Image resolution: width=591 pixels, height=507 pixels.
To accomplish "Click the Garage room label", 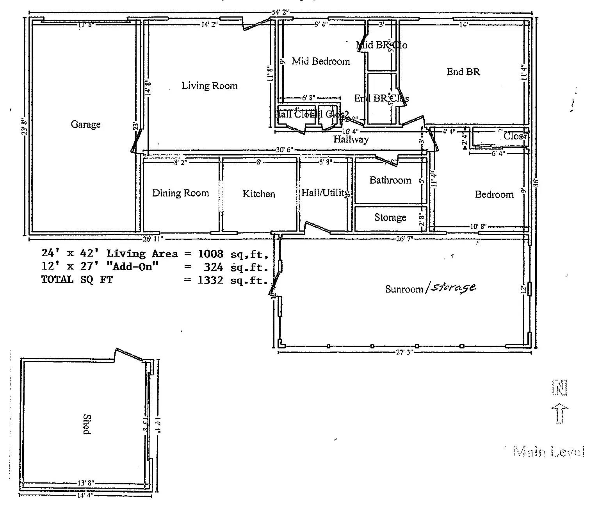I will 85,124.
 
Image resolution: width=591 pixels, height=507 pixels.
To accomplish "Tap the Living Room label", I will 210,86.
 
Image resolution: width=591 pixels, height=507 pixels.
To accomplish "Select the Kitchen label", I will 258,194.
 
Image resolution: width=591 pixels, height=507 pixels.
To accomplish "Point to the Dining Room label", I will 180,193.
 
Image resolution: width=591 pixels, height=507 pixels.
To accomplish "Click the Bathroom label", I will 390,180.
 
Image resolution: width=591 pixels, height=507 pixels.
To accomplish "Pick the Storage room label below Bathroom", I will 390,217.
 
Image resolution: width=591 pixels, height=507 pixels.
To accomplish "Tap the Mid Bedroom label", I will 320,61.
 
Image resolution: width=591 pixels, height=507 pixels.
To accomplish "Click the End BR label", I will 463,71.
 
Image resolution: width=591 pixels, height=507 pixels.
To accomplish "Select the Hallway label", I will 351,139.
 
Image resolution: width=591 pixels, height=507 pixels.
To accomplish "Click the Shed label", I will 87,424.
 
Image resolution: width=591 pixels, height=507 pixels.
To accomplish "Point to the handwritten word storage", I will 453,287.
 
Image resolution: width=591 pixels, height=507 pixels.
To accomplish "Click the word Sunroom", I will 404,289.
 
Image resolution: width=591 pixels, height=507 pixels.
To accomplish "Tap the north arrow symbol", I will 560,413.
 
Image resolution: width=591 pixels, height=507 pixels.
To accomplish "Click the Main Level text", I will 549,452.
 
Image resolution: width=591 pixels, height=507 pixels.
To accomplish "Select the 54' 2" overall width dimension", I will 280,12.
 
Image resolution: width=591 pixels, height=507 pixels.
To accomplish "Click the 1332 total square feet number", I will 210,280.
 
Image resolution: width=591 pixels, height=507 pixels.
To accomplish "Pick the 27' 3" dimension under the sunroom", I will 404,352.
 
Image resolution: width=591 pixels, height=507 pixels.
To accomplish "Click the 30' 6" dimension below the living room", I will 284,150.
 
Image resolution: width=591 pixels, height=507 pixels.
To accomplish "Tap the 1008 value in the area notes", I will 210,253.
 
